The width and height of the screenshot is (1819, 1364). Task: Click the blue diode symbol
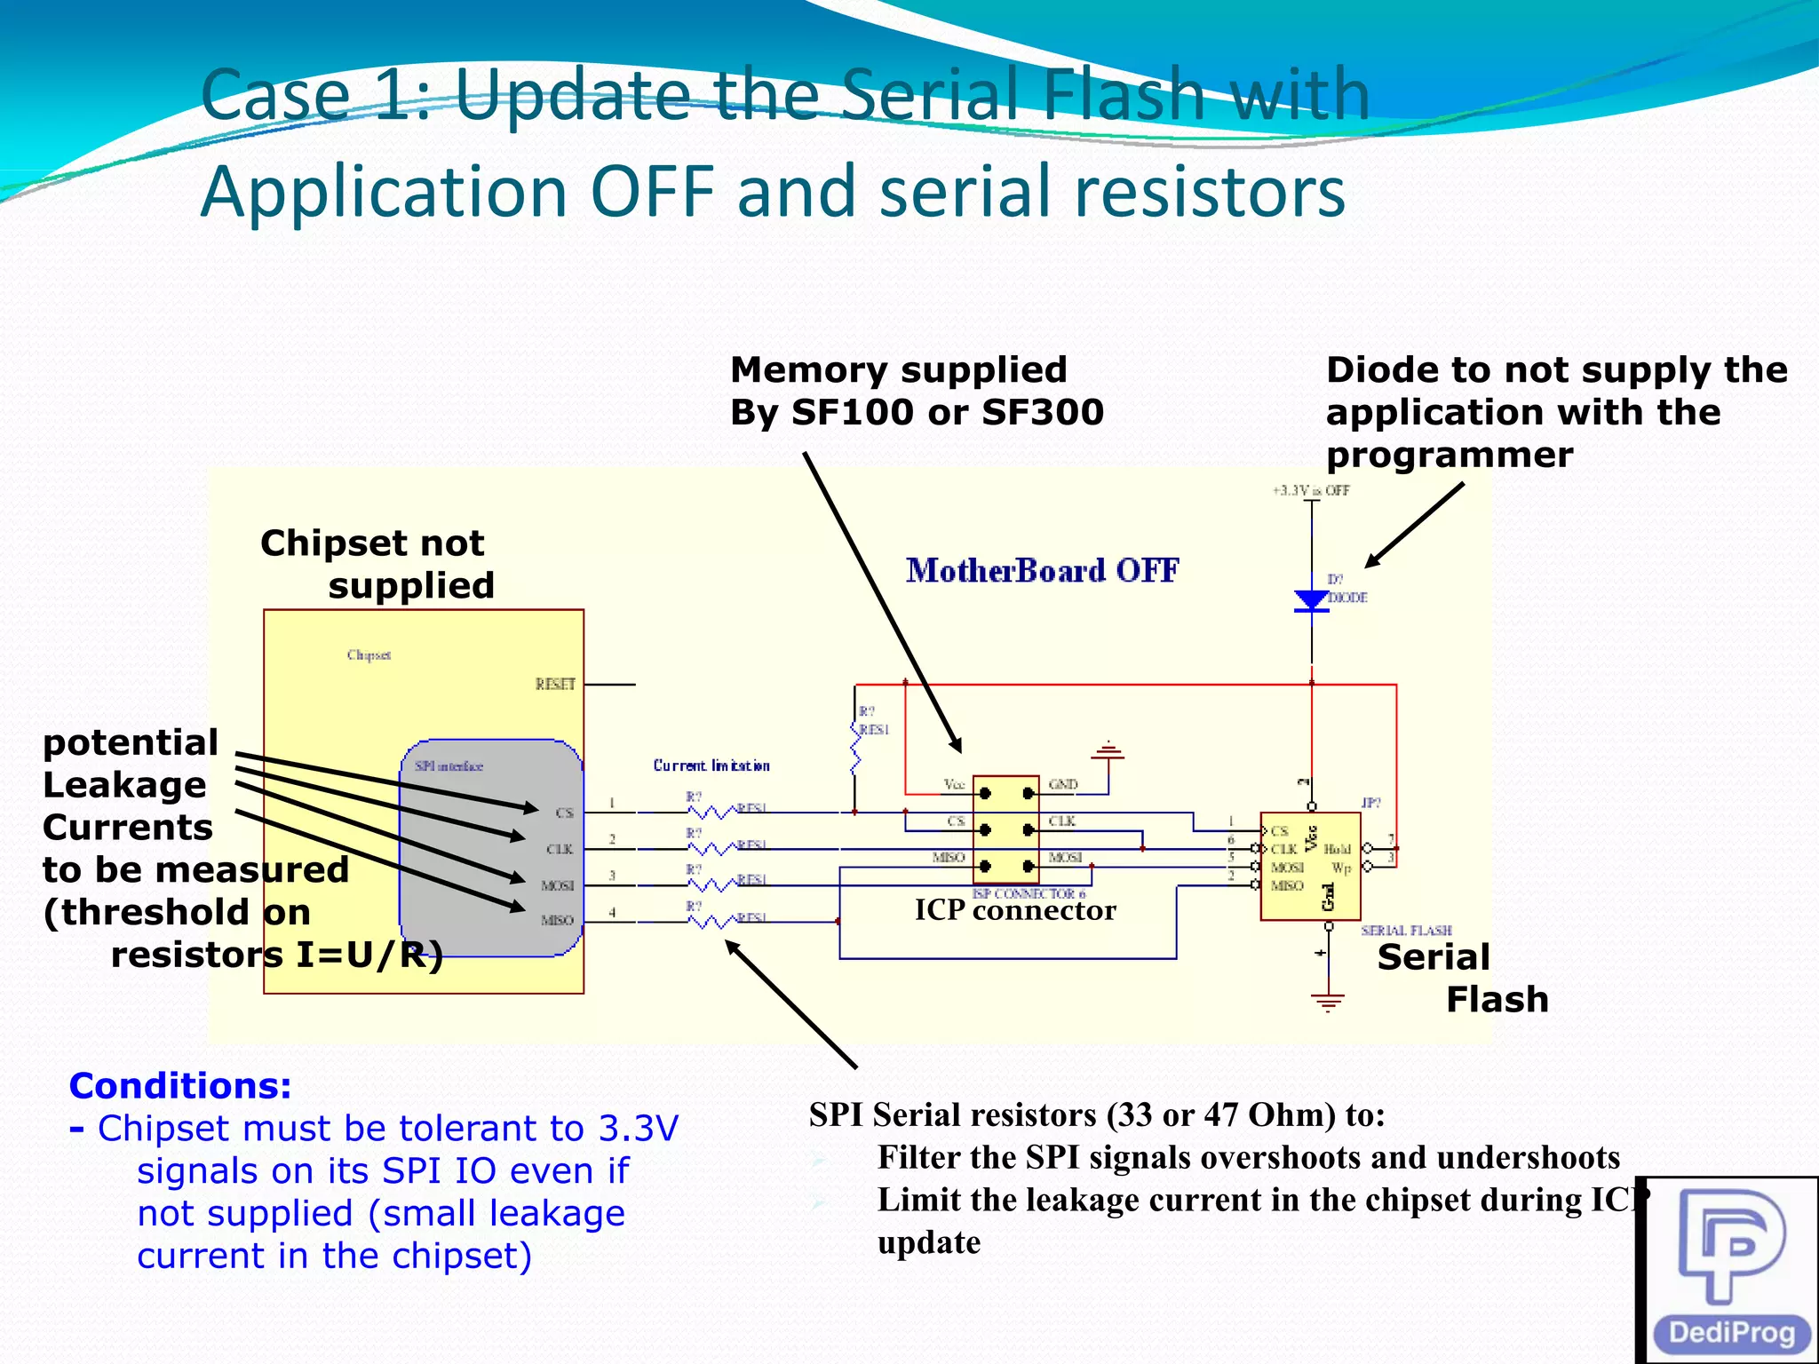[1312, 601]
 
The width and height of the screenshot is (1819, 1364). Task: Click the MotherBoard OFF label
[1042, 570]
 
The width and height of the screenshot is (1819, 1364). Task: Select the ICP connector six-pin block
[1005, 829]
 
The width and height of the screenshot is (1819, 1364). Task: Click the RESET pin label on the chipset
[555, 684]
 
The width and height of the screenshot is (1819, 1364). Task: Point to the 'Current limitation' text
[711, 765]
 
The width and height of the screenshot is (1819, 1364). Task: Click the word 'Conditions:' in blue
[180, 1086]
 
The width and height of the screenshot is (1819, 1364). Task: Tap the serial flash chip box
[1310, 866]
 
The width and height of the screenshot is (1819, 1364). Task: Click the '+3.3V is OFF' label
[1311, 490]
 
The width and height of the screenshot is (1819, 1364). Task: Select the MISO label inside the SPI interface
[557, 921]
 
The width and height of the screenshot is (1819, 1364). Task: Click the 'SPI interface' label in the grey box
[449, 766]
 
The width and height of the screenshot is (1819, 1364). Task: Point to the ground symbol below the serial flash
[1328, 1002]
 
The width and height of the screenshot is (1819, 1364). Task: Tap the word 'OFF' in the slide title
[653, 192]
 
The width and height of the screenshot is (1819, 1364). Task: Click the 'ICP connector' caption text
[1015, 910]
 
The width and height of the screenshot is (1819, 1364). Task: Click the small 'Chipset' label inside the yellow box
[369, 655]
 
